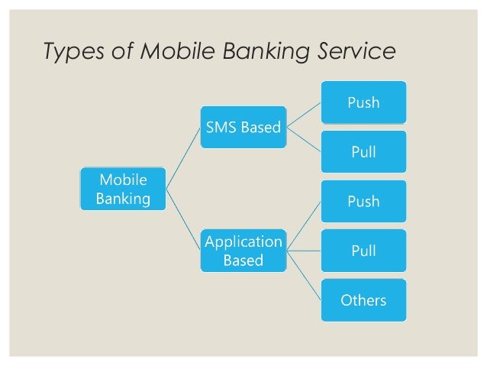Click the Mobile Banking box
(122, 189)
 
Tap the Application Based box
(243, 251)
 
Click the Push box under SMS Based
(364, 102)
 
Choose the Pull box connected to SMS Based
(364, 151)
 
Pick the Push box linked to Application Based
(364, 201)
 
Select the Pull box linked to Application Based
(364, 251)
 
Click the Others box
(364, 300)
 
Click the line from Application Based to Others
(304, 275)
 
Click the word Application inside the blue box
(243, 241)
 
